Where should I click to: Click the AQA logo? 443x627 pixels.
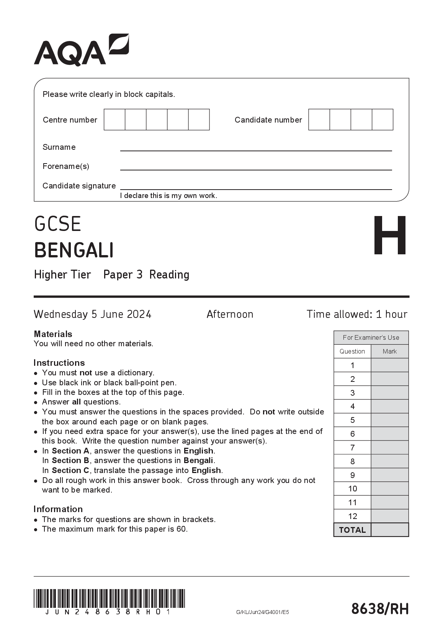pyautogui.click(x=81, y=50)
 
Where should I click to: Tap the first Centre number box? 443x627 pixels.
pyautogui.click(x=114, y=120)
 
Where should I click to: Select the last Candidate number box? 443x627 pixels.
pyautogui.click(x=383, y=120)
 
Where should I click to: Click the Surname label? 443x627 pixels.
pyautogui.click(x=59, y=147)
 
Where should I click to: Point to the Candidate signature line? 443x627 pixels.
pyautogui.click(x=256, y=188)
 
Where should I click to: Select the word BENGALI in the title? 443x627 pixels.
pyautogui.click(x=74, y=250)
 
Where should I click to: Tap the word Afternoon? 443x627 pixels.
pyautogui.click(x=230, y=314)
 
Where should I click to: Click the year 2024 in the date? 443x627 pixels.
pyautogui.click(x=139, y=314)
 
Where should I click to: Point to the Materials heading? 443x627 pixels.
pyautogui.click(x=53, y=334)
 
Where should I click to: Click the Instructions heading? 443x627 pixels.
pyautogui.click(x=59, y=363)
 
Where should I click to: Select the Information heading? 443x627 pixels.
pyautogui.click(x=58, y=509)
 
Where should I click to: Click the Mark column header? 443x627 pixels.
pyautogui.click(x=389, y=351)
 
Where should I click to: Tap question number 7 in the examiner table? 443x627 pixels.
pyautogui.click(x=352, y=447)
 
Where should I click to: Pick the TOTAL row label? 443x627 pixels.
pyautogui.click(x=352, y=530)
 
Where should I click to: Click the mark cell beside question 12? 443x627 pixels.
pyautogui.click(x=389, y=516)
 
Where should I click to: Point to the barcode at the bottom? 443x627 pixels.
pyautogui.click(x=109, y=598)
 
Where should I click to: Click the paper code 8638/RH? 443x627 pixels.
pyautogui.click(x=380, y=608)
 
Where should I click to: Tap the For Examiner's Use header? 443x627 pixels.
pyautogui.click(x=371, y=337)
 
